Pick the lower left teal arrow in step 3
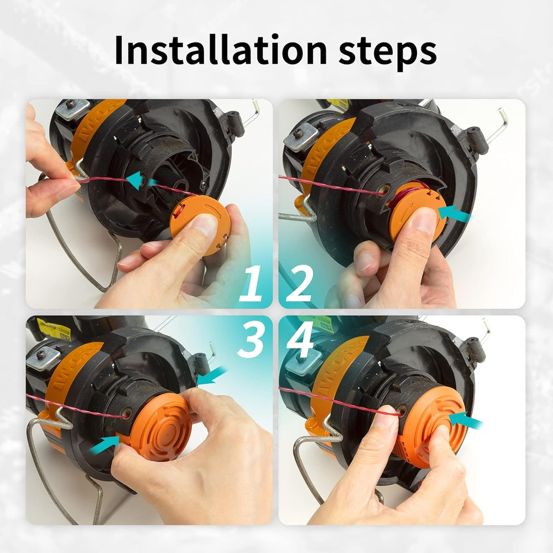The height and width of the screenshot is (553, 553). [105, 444]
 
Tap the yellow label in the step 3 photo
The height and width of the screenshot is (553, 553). [55, 331]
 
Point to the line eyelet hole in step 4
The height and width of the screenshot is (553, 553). [401, 410]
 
